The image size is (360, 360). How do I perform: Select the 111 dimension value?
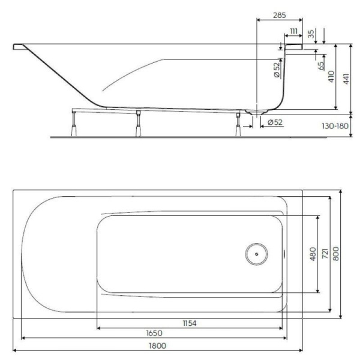pos(294,31)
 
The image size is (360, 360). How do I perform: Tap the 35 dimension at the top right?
pos(311,34)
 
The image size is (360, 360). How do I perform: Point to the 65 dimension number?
pos(321,64)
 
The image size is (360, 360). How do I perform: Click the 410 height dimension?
pos(331,76)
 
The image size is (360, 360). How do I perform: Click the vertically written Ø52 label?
pos(276,70)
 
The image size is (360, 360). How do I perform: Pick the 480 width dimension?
pos(312,254)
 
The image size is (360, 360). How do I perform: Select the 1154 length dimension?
pos(190,323)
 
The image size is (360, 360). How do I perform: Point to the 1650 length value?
pos(152,333)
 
